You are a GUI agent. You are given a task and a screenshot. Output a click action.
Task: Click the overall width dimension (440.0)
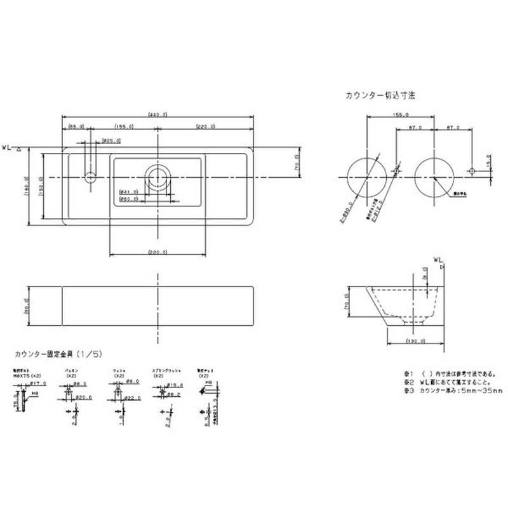tap(157, 115)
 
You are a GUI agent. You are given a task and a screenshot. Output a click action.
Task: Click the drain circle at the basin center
tap(157, 176)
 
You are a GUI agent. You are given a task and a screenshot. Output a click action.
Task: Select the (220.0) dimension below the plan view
tap(157, 253)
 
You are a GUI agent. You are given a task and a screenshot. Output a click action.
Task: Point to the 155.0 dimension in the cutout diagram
tap(401, 116)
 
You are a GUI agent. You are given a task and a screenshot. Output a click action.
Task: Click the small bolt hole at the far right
tap(471, 171)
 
